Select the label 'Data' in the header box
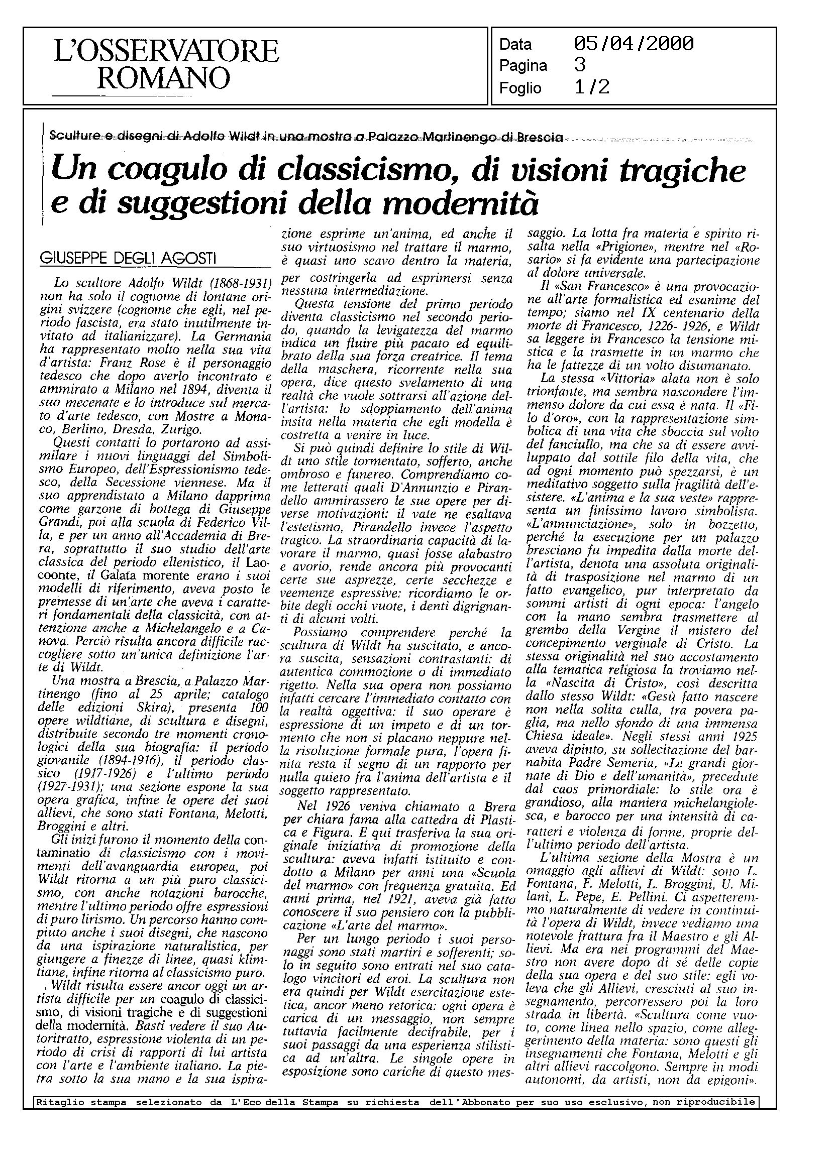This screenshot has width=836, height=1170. (515, 45)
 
